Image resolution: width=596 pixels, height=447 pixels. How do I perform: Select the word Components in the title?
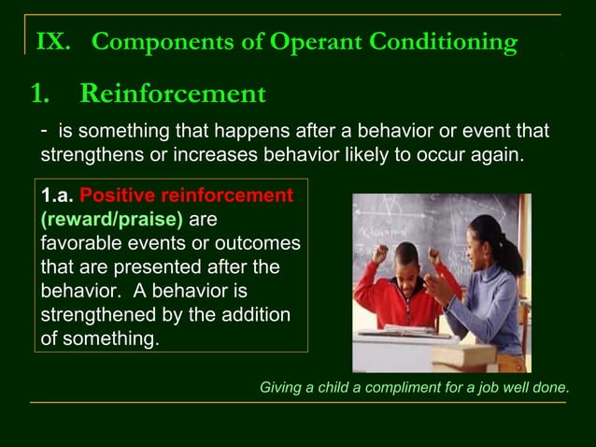[x=149, y=42]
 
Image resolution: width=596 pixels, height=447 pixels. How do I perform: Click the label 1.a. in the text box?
[x=58, y=196]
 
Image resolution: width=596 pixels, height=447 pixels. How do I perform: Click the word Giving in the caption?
[x=282, y=387]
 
